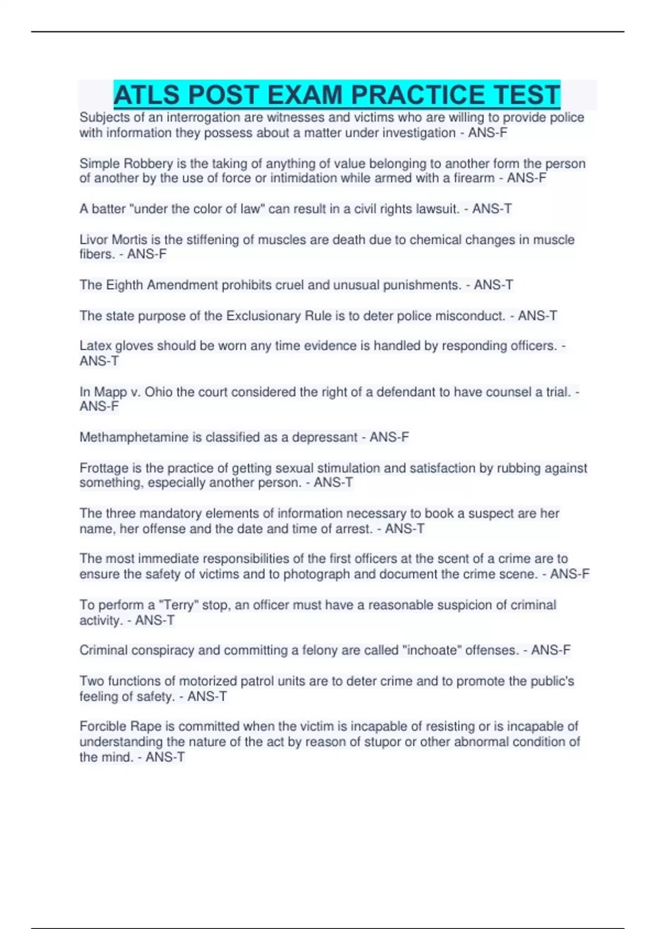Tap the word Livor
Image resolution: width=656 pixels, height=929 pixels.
[x=93, y=240]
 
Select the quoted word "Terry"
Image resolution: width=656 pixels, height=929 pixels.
[x=178, y=605]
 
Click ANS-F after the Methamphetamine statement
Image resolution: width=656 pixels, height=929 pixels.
[x=389, y=437]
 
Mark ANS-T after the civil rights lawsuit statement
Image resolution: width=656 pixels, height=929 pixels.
[x=492, y=209]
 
